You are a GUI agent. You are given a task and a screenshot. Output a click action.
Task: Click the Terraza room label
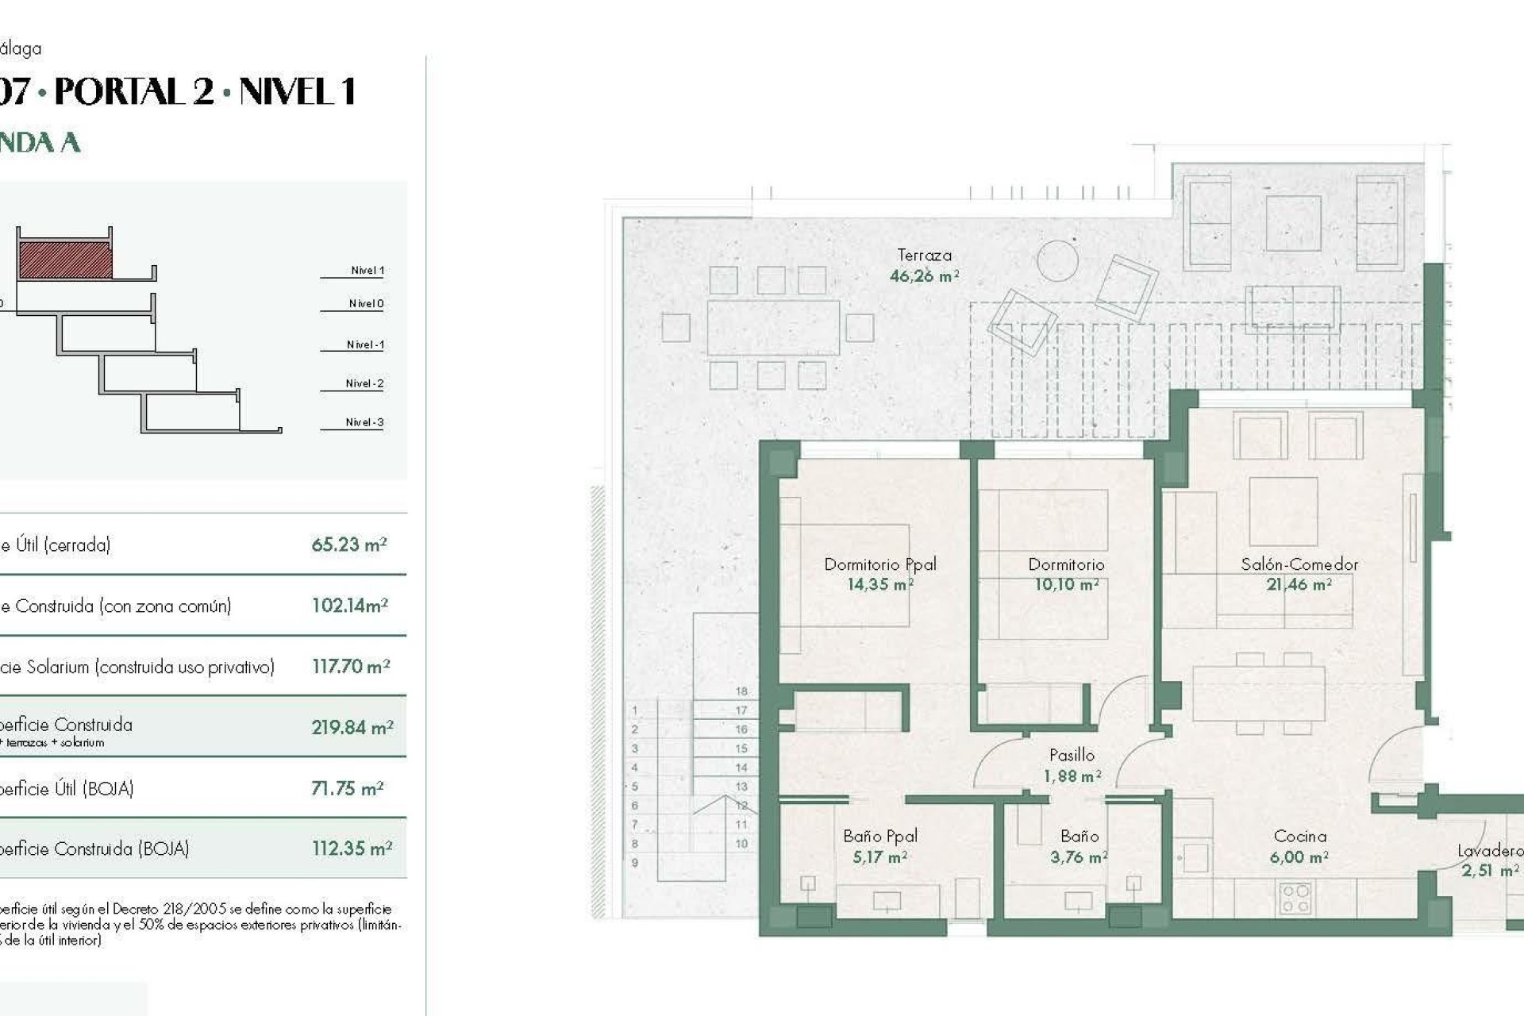point(924,256)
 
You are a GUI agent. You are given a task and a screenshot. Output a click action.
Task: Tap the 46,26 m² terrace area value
point(924,276)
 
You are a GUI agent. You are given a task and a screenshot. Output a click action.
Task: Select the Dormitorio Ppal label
point(879,564)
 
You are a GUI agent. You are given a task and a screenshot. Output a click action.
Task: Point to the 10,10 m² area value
point(1066,585)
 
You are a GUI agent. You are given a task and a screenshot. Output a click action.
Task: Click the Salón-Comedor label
point(1299,564)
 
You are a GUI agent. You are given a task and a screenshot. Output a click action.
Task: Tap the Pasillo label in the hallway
point(1072,755)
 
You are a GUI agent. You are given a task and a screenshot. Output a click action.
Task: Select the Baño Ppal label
point(879,836)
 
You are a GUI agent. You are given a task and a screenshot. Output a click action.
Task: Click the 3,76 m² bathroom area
point(1078,857)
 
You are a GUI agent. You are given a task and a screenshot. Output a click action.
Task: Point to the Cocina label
point(1299,836)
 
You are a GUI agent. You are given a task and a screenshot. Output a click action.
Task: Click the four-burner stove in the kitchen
point(1295,899)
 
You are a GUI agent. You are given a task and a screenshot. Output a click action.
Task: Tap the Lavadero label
point(1489,851)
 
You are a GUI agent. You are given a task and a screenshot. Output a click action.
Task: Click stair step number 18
point(741,691)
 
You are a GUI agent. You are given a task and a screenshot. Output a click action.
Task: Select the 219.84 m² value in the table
point(352,727)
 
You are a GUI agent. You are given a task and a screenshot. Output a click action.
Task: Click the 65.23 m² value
point(348,545)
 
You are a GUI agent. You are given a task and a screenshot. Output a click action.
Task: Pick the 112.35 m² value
point(352,849)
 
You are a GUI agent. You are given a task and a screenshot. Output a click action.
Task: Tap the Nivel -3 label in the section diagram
point(364,422)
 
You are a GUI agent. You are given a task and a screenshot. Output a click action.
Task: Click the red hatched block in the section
point(65,260)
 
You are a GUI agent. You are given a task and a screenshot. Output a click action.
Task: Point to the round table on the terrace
point(1057,260)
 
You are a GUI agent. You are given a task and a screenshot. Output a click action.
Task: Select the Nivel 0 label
point(366,303)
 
